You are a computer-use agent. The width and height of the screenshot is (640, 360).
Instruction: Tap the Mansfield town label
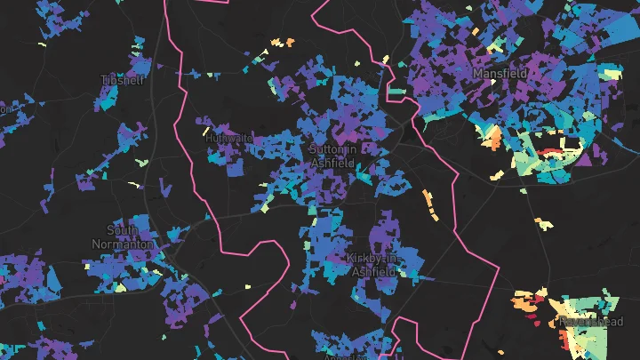500,73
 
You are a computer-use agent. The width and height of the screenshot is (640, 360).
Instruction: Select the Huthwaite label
228,139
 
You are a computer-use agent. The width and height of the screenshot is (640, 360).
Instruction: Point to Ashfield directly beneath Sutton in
333,163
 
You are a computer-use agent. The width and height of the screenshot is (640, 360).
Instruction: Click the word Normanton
124,243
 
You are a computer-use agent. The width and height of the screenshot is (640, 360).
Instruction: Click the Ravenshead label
592,321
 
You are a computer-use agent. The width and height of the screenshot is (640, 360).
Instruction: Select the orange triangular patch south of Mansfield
492,137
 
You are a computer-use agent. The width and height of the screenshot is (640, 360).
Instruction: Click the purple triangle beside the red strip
584,158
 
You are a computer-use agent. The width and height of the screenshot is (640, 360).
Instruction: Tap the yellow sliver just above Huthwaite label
223,127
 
